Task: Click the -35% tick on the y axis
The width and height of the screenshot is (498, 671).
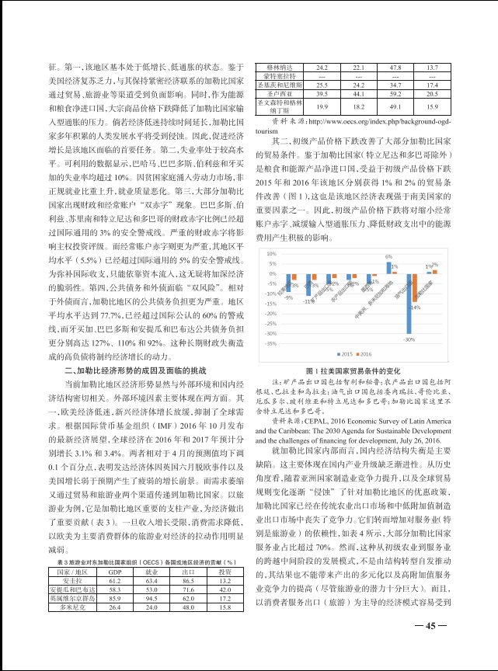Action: tap(271, 343)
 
